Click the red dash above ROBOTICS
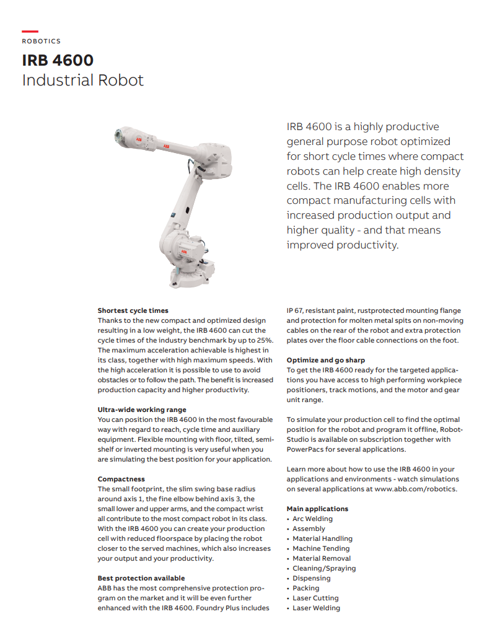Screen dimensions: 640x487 30,31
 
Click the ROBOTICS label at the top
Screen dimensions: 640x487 41,42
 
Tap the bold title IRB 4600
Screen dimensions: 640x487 58,60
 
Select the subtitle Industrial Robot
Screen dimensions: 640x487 82,80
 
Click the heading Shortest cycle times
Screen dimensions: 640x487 133,310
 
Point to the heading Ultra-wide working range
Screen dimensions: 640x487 141,410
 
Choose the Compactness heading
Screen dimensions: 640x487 121,479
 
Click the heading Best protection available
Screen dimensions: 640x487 141,578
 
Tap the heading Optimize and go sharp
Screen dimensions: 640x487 325,360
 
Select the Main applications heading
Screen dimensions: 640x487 317,509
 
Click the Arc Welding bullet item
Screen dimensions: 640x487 312,519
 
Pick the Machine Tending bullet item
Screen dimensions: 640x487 321,548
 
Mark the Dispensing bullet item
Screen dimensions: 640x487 312,578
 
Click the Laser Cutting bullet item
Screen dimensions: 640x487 315,598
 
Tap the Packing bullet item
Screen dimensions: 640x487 306,588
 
